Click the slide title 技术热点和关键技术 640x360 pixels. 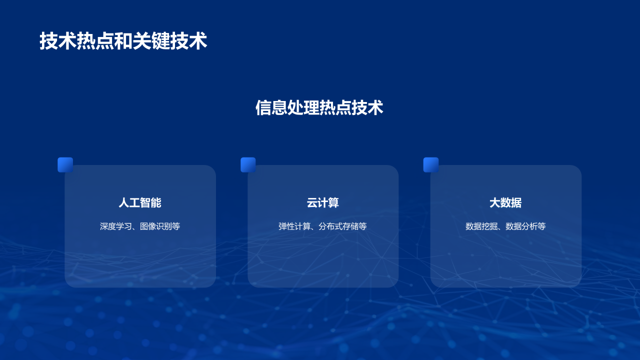(x=123, y=41)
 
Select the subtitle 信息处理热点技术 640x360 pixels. (x=319, y=107)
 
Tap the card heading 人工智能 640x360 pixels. (x=140, y=202)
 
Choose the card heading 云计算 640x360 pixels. (x=322, y=202)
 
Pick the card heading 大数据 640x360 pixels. (x=505, y=202)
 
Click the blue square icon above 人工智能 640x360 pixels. (x=65, y=165)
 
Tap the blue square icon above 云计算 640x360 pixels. (x=248, y=165)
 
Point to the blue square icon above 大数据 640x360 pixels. (x=431, y=165)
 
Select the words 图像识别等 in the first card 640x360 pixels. (x=160, y=226)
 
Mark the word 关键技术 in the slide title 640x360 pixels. (x=170, y=41)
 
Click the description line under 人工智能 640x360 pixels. (x=140, y=226)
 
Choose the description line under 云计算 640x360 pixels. (x=322, y=226)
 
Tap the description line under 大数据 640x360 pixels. (x=505, y=226)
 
